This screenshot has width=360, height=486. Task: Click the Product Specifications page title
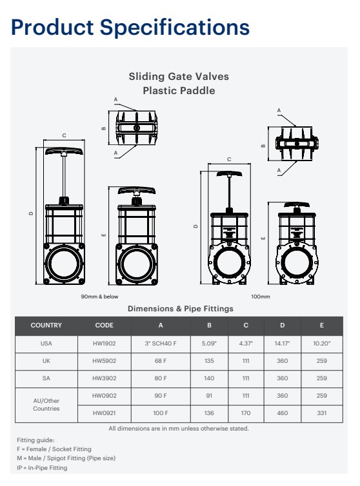[131, 27]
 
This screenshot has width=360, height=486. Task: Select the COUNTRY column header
[46, 326]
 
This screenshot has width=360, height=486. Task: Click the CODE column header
[104, 326]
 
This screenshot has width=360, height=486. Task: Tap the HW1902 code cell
[104, 344]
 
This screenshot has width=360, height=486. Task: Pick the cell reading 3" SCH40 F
[161, 344]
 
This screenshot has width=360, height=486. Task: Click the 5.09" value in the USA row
[210, 344]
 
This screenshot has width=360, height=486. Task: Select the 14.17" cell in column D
[281, 344]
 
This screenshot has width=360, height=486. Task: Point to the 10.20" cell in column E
[321, 344]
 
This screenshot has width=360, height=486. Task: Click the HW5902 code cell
[104, 362]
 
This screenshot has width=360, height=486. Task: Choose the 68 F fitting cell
[161, 362]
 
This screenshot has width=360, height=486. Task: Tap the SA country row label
[46, 378]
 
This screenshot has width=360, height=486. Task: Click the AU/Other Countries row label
[46, 404]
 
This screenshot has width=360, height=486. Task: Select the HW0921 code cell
[104, 413]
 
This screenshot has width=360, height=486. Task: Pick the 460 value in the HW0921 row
[281, 413]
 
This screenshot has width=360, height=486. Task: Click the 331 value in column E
[321, 413]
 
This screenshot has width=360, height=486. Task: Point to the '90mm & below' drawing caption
[99, 296]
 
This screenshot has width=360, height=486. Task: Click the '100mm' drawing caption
[260, 296]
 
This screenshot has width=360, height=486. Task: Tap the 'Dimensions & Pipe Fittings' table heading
[180, 309]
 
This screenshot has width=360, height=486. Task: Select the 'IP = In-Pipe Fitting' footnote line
[42, 467]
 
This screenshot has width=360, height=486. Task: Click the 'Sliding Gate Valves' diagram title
[179, 77]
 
